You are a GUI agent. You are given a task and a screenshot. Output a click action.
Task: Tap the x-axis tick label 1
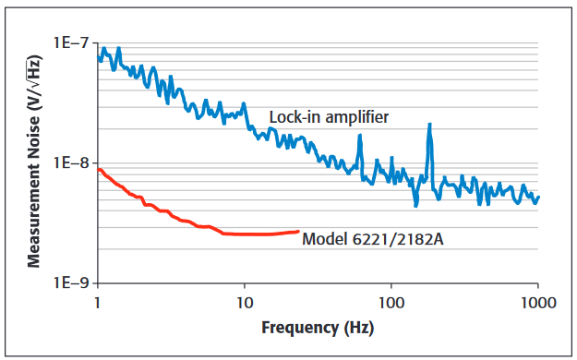pos(97,302)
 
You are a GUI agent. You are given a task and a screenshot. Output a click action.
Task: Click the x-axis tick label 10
pos(245,302)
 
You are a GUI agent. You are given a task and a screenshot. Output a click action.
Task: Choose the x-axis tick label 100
pos(391,302)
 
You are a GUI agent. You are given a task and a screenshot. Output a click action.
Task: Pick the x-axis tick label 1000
pos(537,302)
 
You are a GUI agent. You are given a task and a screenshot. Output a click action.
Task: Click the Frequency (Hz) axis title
pos(318,328)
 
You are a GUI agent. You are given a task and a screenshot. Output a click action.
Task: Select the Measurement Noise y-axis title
pos(33,162)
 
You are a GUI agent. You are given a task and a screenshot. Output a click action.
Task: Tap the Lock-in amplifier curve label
pos(328,117)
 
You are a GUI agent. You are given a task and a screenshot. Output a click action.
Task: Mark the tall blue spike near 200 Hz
pos(429,126)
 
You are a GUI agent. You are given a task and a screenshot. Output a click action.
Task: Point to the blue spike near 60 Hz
pos(360,137)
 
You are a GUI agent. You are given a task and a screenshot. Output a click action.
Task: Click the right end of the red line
pos(298,231)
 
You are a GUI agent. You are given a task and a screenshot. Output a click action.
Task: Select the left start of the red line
pos(98,168)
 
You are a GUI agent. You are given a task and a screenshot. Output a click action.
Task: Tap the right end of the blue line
pos(538,196)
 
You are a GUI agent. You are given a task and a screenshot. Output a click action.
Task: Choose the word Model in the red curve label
pos(323,239)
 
